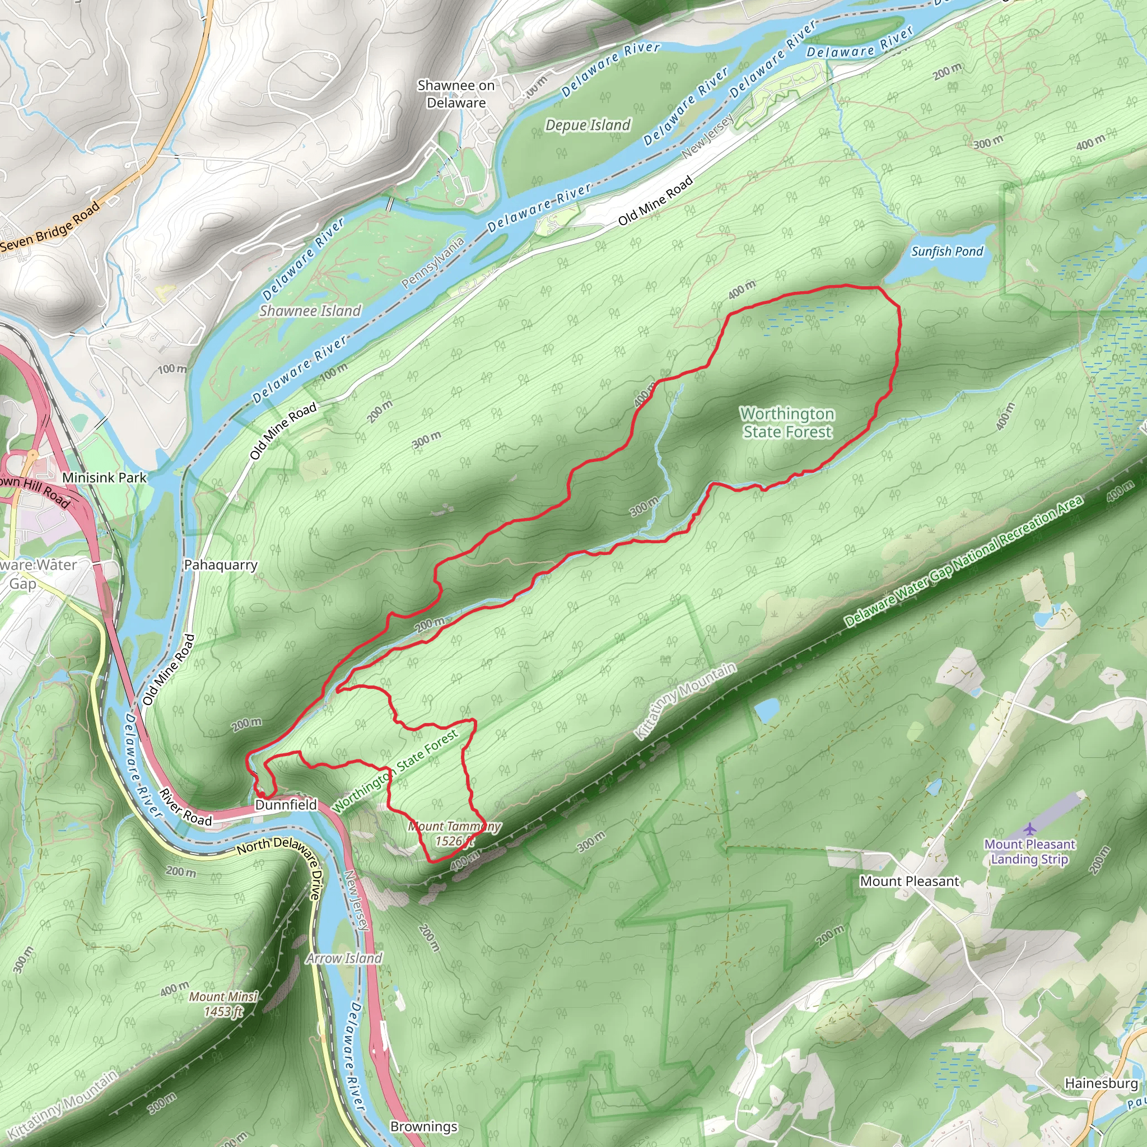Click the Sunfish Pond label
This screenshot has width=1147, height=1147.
947,251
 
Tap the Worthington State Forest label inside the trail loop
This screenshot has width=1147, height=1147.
787,423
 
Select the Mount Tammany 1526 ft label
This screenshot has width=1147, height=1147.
454,833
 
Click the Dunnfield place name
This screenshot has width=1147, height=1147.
286,805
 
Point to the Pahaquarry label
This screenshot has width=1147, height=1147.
221,565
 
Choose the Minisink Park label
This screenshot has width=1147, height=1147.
104,477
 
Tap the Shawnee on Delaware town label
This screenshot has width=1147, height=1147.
456,94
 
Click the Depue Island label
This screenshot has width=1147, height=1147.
588,125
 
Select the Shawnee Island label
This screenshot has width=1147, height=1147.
310,310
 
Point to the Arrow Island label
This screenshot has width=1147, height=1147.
344,958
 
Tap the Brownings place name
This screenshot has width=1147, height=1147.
424,1127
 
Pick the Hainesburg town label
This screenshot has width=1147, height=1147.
1101,1084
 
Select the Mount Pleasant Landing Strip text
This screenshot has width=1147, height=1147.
1029,851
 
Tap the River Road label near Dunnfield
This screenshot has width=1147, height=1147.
185,808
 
